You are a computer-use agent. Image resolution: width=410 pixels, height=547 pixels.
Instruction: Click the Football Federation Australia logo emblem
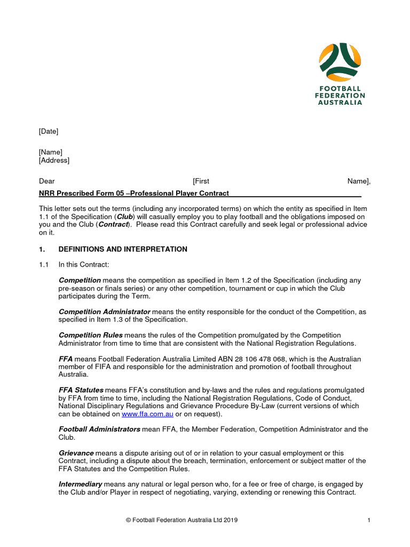point(340,60)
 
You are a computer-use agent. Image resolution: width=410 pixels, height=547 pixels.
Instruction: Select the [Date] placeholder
point(49,131)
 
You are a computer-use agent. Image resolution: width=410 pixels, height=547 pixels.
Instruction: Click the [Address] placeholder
point(54,160)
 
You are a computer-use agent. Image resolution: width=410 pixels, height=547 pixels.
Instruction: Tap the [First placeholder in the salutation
point(201,182)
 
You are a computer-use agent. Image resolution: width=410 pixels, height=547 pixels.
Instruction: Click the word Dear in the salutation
point(46,182)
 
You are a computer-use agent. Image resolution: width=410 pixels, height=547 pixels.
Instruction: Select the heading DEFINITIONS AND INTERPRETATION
point(123,249)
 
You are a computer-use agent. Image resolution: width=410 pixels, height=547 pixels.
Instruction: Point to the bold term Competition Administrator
point(104,311)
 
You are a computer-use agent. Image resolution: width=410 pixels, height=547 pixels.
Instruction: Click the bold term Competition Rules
point(90,335)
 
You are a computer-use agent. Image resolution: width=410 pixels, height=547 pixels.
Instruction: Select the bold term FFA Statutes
point(81,390)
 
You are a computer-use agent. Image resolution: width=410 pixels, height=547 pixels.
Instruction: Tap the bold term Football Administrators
point(99,429)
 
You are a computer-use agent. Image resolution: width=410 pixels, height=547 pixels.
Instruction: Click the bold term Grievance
point(76,453)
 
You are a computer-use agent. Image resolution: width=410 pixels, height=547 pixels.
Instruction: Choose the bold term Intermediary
point(80,484)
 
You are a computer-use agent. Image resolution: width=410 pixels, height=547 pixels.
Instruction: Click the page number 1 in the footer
point(369,520)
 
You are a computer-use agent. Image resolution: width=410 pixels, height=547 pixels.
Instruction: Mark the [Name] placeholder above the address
point(50,152)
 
